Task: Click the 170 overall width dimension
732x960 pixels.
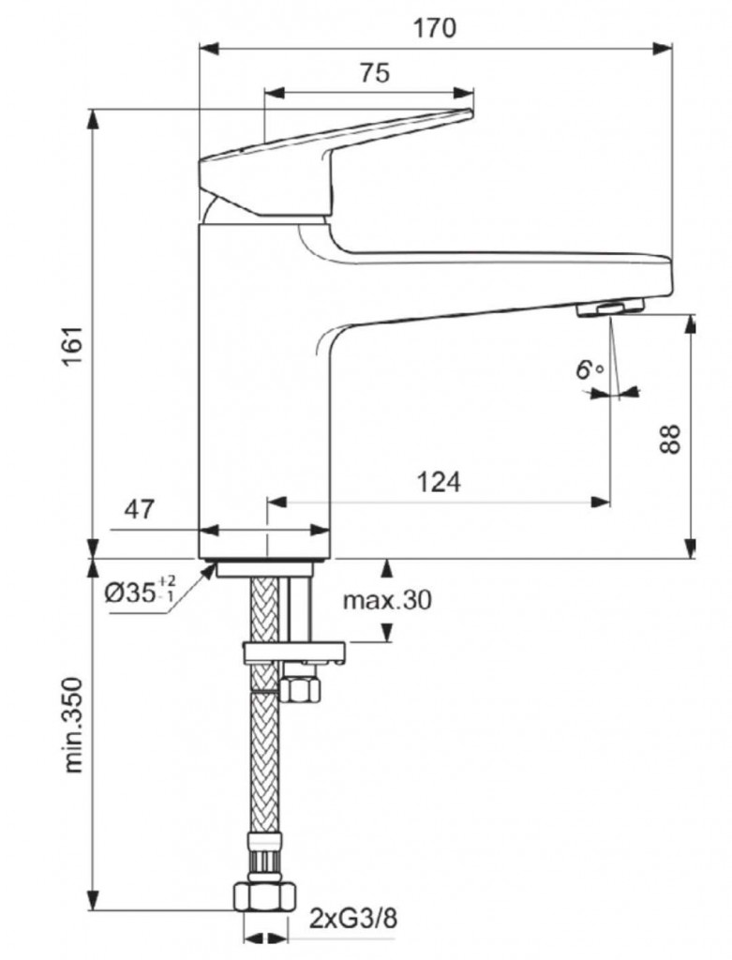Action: point(435,29)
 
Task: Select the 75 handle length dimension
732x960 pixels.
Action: point(374,74)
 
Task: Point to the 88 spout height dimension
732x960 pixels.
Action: point(667,439)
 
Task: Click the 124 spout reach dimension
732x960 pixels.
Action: point(439,483)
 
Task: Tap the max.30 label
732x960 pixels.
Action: point(386,600)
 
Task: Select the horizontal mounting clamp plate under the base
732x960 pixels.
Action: point(293,652)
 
